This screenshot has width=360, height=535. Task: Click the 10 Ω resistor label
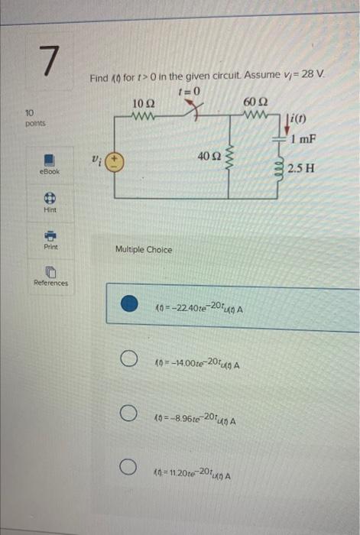(x=143, y=104)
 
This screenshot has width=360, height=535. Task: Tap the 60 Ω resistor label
(x=255, y=103)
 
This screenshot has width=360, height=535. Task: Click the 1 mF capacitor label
(x=305, y=138)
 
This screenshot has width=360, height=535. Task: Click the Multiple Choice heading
(x=144, y=250)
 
